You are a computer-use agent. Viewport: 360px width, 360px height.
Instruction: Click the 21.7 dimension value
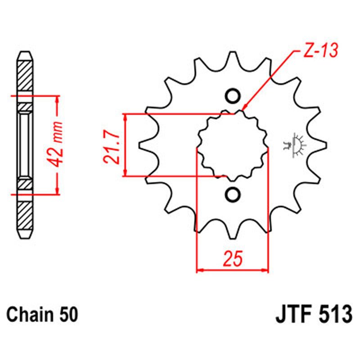[x=112, y=144]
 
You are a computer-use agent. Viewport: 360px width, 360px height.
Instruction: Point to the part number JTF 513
[x=313, y=314]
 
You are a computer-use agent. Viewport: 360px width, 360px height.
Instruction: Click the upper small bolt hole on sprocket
[x=233, y=96]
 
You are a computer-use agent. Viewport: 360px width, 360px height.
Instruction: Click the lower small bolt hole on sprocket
[x=233, y=194]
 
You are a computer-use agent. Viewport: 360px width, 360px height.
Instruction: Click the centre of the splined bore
[x=233, y=145]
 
